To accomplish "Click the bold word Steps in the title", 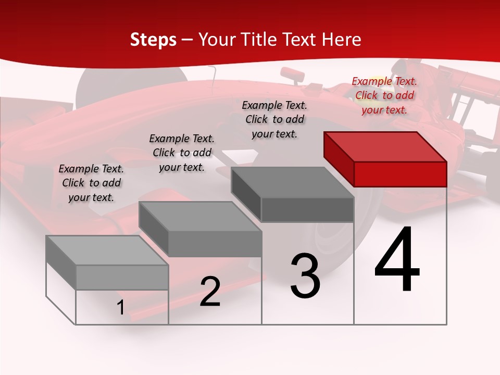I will click(x=153, y=40).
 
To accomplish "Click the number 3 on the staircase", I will click(x=305, y=276).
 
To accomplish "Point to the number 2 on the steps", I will click(x=210, y=292).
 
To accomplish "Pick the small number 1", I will click(x=120, y=308).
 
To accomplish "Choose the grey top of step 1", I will click(x=107, y=250).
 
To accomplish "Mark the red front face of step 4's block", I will click(x=400, y=174).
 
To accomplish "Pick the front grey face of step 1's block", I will click(x=122, y=277).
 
